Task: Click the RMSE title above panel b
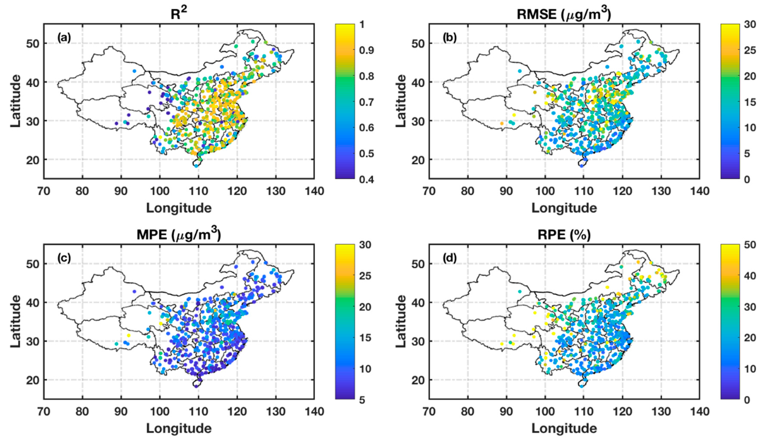(x=564, y=14)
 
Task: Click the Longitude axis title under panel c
(x=179, y=428)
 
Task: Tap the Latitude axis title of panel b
(x=401, y=101)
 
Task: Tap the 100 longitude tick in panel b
(x=545, y=191)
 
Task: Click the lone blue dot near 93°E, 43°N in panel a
(x=134, y=71)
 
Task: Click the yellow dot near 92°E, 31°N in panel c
(x=129, y=335)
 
